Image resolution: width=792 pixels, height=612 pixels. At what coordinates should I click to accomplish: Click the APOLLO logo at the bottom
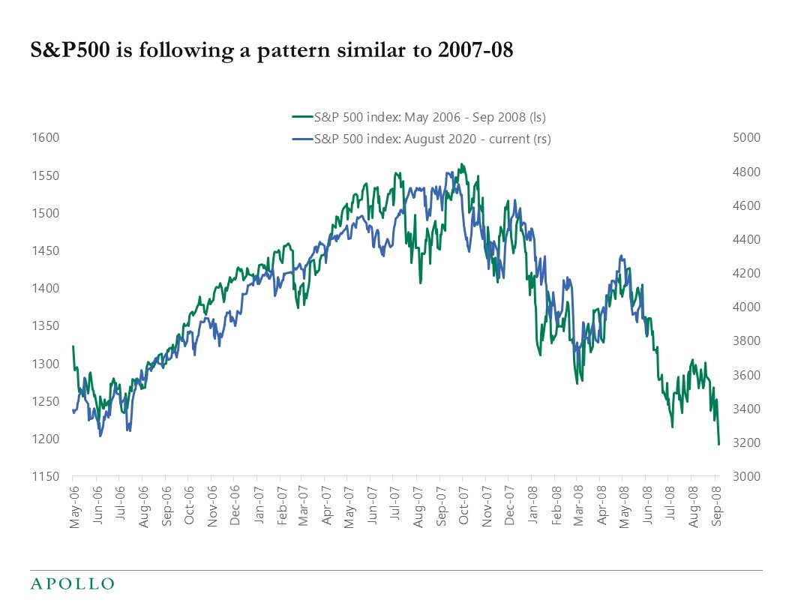72,583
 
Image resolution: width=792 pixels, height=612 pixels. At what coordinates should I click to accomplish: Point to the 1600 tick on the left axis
46,138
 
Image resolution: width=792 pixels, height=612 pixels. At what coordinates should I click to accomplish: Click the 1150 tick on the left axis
46,477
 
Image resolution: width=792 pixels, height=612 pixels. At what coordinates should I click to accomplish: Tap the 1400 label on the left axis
46,289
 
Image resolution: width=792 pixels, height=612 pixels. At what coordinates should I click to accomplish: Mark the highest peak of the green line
462,163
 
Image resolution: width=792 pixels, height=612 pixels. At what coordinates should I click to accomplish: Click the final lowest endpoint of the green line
718,445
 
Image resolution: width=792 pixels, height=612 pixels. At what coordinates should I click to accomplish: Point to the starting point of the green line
73,346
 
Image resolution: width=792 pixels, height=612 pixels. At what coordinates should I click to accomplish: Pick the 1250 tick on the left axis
46,401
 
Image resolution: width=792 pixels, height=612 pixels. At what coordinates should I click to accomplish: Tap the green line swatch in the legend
301,116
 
